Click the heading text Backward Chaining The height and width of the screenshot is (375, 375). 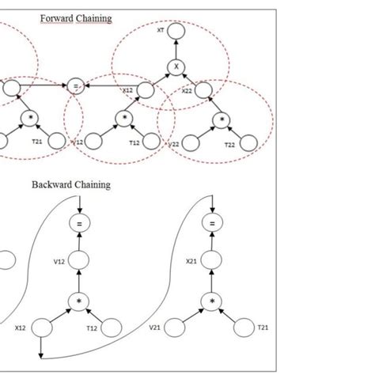[71, 185]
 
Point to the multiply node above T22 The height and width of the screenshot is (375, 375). [223, 119]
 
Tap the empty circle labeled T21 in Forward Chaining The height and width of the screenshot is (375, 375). [56, 142]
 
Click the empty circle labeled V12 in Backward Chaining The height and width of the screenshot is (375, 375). [78, 261]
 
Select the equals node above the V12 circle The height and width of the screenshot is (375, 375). [78, 225]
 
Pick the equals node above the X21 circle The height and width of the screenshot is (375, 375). [212, 225]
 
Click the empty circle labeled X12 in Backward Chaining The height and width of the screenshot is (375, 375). [44, 325]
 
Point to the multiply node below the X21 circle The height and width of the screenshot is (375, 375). [212, 301]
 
